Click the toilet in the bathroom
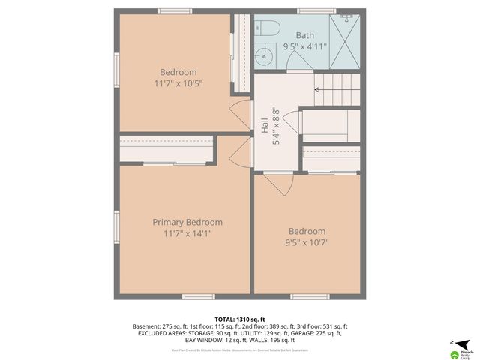click(x=267, y=29)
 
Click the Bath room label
click(x=305, y=35)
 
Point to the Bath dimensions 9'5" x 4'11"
click(x=305, y=46)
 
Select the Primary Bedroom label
click(x=187, y=222)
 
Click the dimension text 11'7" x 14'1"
click(x=187, y=233)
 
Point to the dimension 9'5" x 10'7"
click(x=307, y=242)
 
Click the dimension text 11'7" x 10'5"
click(x=178, y=83)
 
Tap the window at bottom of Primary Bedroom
click(x=198, y=296)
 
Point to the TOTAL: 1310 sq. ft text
click(x=239, y=319)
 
